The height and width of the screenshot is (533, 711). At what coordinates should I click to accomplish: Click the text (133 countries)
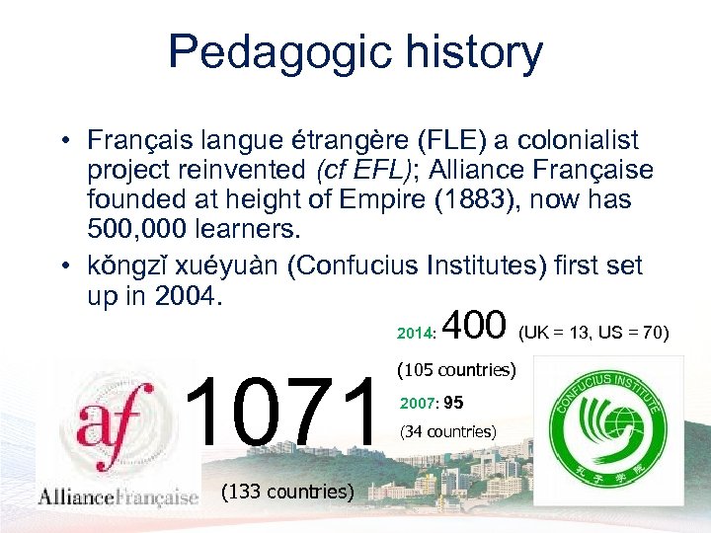pyautogui.click(x=287, y=491)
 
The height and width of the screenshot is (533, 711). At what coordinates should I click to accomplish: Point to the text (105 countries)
pyautogui.click(x=456, y=372)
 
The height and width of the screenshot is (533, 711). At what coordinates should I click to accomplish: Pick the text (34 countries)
pyautogui.click(x=447, y=431)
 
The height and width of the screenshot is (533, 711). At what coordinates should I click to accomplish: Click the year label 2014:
pyautogui.click(x=416, y=334)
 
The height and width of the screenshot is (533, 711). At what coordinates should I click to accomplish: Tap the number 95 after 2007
pyautogui.click(x=453, y=403)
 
